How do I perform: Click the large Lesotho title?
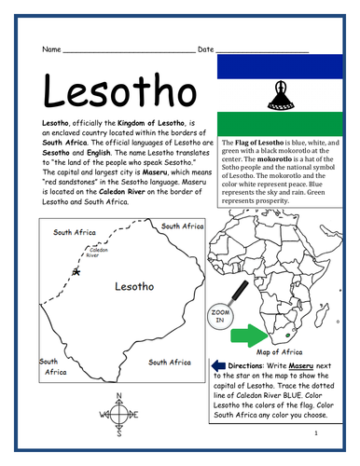(x=118, y=90)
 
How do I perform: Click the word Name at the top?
(x=51, y=48)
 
